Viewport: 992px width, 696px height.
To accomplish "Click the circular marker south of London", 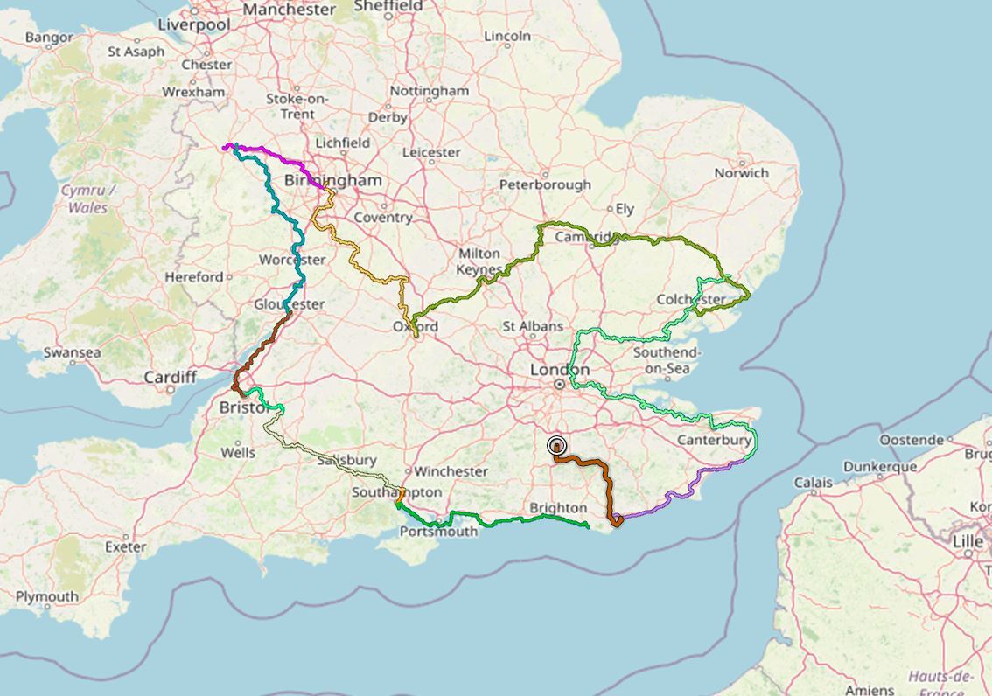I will point(556,446).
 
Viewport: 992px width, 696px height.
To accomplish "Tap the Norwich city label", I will point(741,172).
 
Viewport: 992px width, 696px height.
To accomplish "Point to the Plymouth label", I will point(47,596).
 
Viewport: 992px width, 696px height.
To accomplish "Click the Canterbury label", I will point(714,440).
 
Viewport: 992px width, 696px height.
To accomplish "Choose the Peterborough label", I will point(545,184).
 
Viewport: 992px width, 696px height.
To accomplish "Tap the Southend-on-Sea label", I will point(667,360).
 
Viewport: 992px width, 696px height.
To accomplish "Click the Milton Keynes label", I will point(480,261).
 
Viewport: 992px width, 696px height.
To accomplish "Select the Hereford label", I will point(194,276).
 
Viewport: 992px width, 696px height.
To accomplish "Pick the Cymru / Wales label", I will point(87,198).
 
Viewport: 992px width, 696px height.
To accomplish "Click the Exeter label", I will point(125,546).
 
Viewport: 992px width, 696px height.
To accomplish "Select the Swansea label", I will point(72,352).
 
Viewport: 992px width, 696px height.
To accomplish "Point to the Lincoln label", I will point(506,36).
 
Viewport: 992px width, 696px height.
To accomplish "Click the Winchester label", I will point(451,471).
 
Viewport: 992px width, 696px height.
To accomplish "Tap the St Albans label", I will point(532,325).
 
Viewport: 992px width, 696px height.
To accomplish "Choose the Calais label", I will point(814,482).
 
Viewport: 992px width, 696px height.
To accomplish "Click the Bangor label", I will point(49,38).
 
